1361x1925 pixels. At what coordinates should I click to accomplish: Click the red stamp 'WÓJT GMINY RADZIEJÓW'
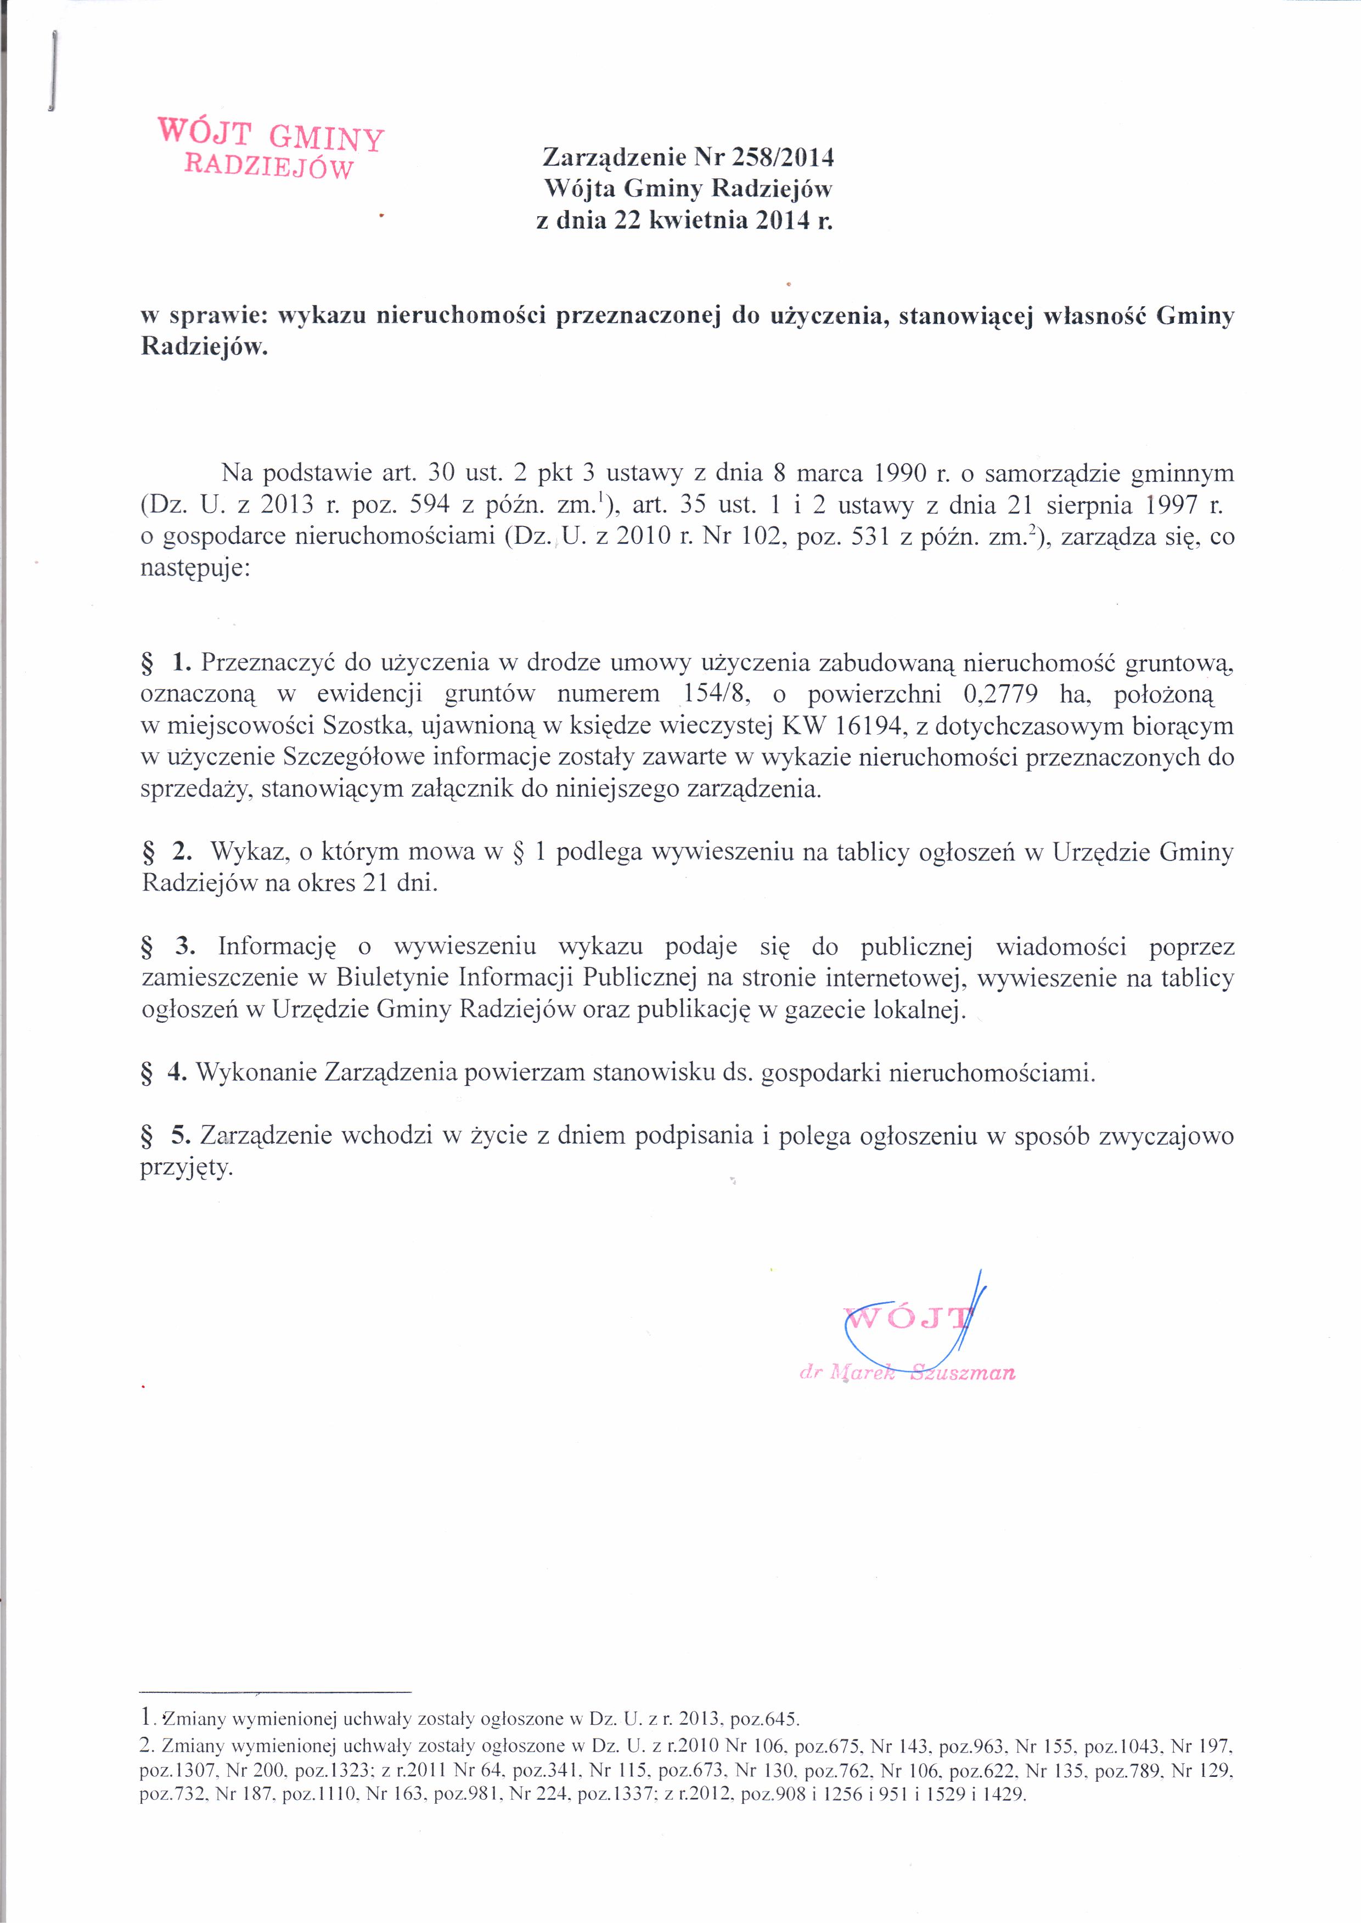[270, 148]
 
